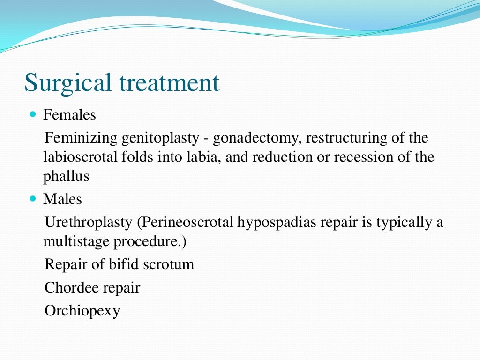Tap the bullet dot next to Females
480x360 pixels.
[x=32, y=114]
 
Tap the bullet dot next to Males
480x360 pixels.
[x=32, y=199]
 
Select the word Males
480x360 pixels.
[x=62, y=199]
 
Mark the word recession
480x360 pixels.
[x=359, y=157]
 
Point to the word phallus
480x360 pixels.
[x=66, y=176]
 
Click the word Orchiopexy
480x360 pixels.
[x=82, y=311]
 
